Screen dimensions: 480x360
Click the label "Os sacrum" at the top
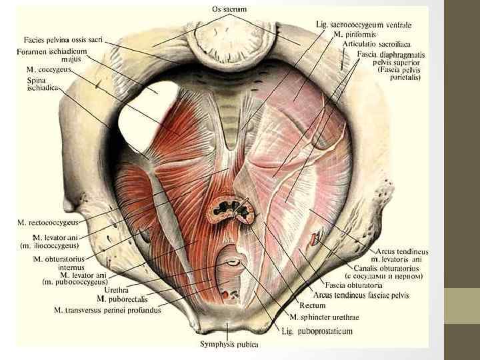[x=229, y=9]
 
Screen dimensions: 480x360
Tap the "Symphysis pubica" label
[x=229, y=345]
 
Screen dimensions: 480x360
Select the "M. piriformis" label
[x=356, y=33]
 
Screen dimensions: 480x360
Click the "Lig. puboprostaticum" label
[x=316, y=331]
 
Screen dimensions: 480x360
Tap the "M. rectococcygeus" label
[x=48, y=221]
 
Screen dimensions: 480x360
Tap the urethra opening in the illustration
[x=233, y=262]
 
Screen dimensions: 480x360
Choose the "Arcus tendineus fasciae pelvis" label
[x=363, y=295]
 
